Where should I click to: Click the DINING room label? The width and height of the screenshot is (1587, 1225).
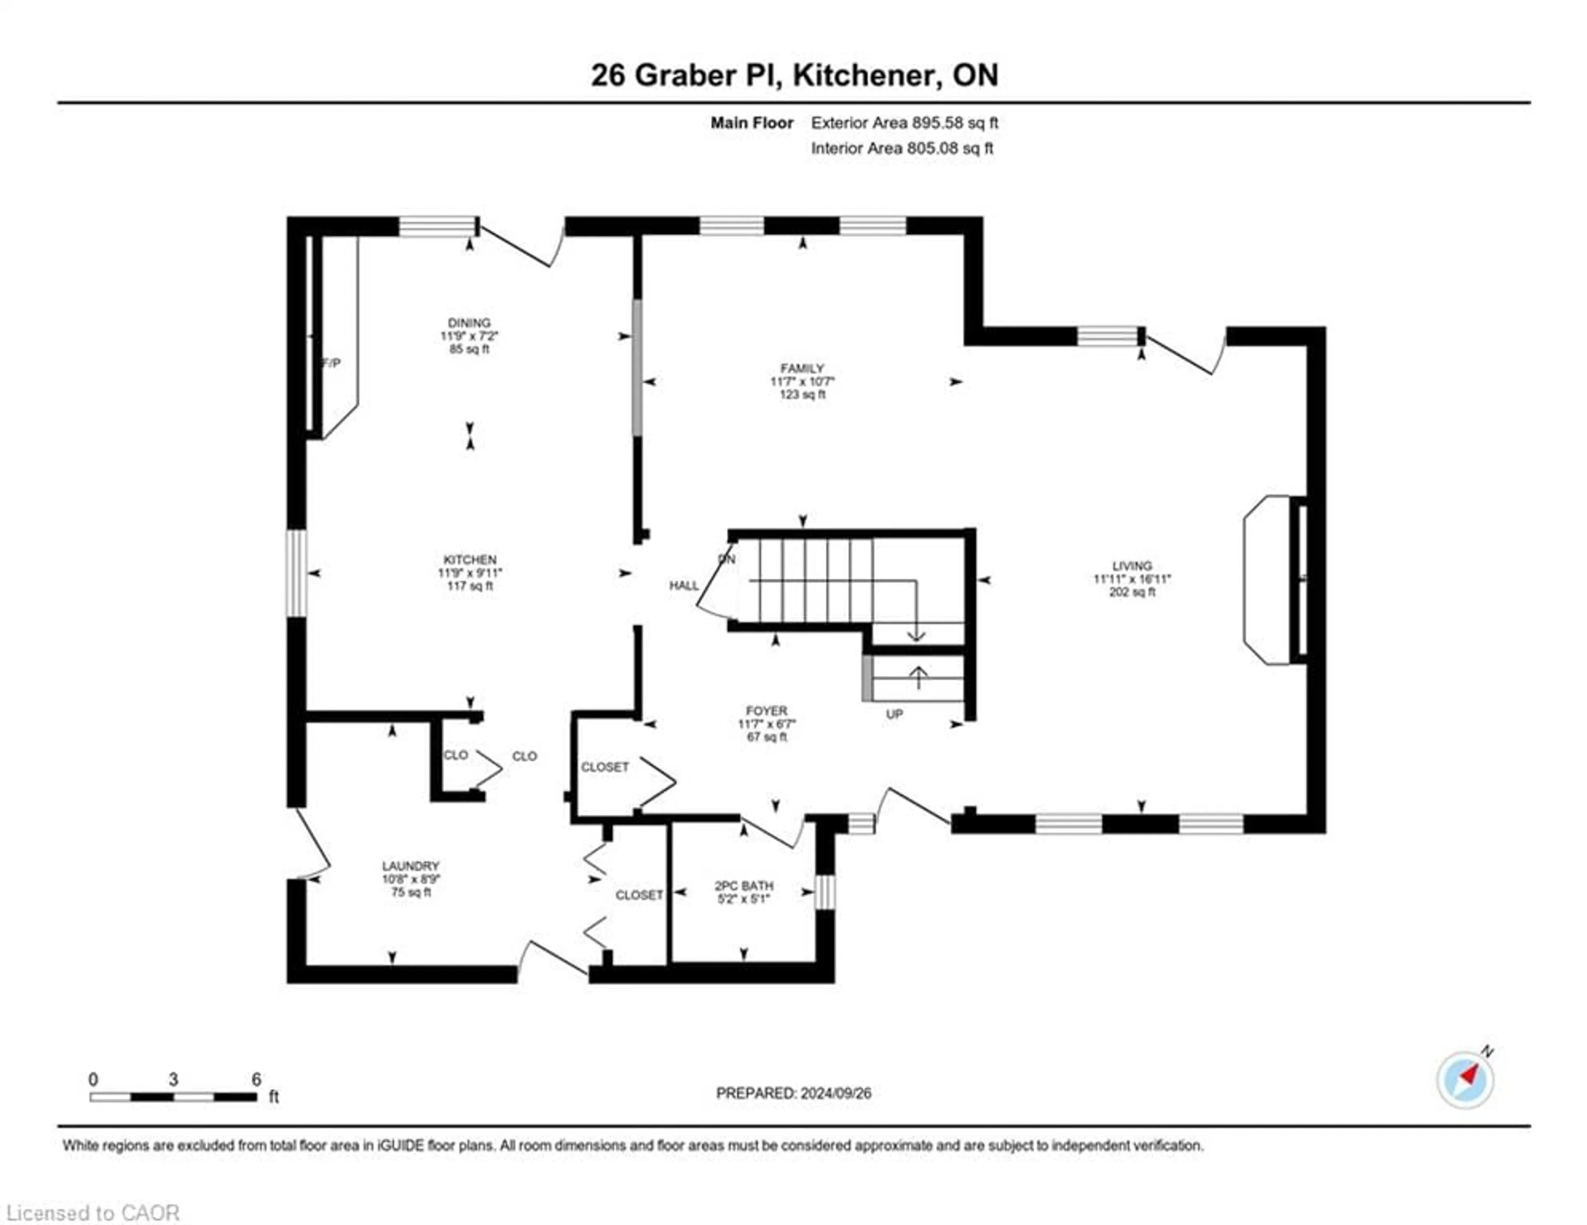click(469, 323)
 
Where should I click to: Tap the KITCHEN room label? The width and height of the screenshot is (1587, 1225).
click(469, 560)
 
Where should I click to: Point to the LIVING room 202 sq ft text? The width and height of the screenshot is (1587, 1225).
click(1132, 592)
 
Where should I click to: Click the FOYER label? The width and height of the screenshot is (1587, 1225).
click(766, 710)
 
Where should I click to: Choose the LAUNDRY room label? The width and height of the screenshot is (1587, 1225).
click(410, 866)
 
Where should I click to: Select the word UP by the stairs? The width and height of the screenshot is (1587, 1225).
click(894, 714)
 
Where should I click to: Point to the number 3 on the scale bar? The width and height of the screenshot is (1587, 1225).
click(173, 1080)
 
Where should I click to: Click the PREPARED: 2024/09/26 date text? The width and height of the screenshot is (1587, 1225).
click(793, 1094)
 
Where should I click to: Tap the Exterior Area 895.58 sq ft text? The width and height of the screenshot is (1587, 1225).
click(904, 123)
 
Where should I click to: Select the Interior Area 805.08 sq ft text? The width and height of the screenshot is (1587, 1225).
click(902, 148)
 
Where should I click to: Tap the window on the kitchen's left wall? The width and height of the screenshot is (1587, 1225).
click(296, 573)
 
